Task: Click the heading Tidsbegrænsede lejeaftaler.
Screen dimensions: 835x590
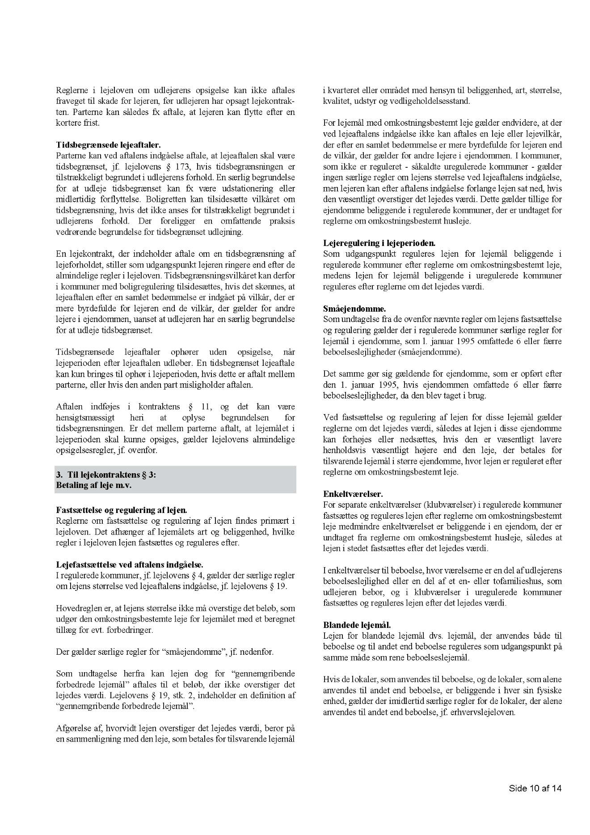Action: [x=108, y=145]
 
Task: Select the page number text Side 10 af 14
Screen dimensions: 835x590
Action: [x=535, y=788]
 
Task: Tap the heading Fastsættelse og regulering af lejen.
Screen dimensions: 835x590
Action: [x=122, y=510]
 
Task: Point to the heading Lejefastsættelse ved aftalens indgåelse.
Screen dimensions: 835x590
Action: [x=130, y=564]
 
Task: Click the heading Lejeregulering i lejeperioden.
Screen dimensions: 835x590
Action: [x=379, y=243]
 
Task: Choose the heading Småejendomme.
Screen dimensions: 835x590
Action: [x=354, y=309]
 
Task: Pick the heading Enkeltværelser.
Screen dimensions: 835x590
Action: [x=353, y=494]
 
